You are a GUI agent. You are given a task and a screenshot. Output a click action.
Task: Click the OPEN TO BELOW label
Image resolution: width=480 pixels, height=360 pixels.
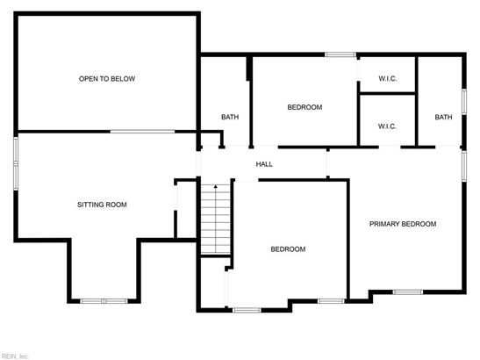click(107, 79)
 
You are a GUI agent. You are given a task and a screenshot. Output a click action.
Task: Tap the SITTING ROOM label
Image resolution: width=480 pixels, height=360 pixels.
click(102, 205)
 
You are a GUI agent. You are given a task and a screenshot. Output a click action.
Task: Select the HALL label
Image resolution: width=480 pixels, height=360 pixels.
click(264, 164)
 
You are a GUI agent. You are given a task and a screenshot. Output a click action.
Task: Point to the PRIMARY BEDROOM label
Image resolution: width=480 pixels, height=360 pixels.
click(403, 224)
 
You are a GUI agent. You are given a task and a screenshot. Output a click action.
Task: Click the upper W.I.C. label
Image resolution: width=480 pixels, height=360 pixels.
click(388, 79)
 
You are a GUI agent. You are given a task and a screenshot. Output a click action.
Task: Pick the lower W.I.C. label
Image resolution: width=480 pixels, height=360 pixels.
click(387, 126)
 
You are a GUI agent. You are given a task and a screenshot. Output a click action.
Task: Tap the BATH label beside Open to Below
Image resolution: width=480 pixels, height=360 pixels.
click(230, 117)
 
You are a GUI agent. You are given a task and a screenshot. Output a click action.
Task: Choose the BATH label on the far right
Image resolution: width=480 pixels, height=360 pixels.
click(443, 117)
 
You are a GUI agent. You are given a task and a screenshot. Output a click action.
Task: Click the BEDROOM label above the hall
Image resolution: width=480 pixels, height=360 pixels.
click(304, 107)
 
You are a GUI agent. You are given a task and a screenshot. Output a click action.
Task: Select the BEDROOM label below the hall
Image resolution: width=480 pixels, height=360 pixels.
click(288, 249)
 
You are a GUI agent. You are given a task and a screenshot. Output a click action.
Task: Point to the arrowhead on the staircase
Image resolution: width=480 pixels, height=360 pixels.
click(216, 186)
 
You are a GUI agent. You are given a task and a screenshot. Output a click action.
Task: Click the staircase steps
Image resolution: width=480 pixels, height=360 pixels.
click(216, 220)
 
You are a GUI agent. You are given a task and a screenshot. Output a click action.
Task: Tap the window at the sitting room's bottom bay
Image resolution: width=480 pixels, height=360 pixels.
click(104, 301)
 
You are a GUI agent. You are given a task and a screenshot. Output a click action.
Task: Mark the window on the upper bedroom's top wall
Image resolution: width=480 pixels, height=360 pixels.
click(340, 54)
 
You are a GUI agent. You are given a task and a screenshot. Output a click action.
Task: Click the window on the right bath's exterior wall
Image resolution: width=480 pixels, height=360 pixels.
click(464, 102)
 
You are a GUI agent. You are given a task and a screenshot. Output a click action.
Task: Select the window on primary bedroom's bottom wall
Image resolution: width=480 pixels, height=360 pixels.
click(408, 292)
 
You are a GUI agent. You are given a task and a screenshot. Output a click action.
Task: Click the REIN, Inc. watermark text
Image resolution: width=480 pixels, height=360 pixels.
click(14, 356)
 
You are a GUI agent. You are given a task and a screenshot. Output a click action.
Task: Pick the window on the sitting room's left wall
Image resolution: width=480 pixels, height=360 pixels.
click(16, 163)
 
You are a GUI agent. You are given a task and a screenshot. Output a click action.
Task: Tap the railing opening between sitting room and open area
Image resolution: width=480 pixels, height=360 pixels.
click(142, 132)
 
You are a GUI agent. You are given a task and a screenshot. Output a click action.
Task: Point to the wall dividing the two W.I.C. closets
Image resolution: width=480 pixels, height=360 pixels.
click(388, 93)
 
